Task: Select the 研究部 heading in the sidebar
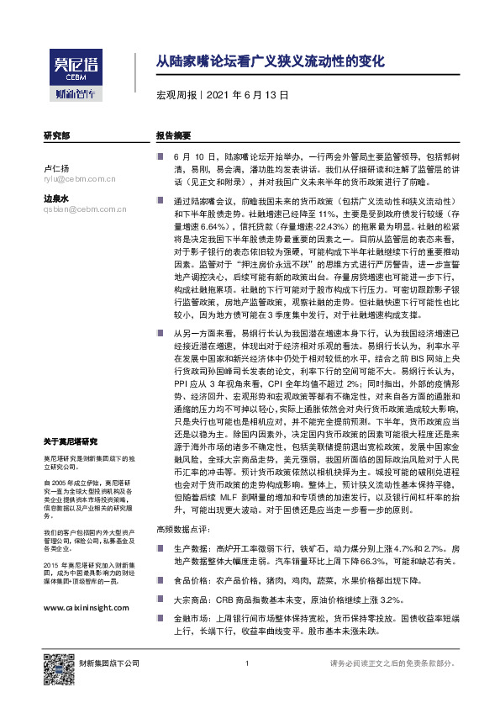tap(57, 135)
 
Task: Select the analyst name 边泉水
tap(56, 198)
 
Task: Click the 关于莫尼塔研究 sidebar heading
tap(71, 441)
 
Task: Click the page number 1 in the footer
tap(246, 663)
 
